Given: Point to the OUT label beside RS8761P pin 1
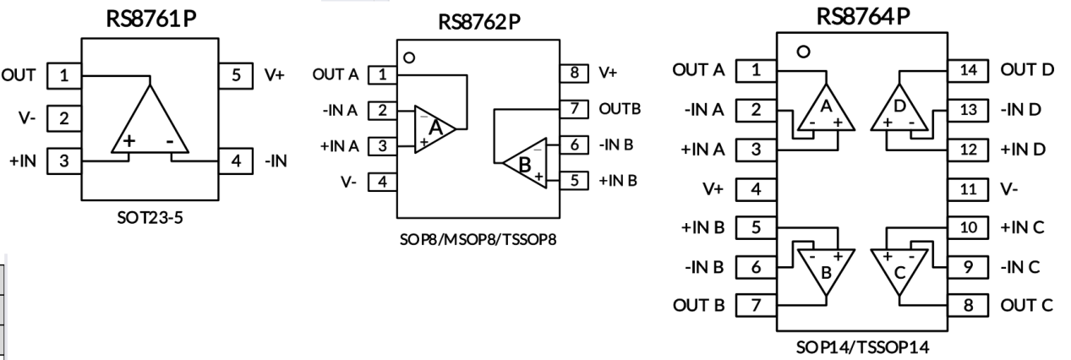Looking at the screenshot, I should [19, 74].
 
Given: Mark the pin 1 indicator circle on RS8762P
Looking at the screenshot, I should [410, 58].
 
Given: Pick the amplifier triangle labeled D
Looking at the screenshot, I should [903, 107].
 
